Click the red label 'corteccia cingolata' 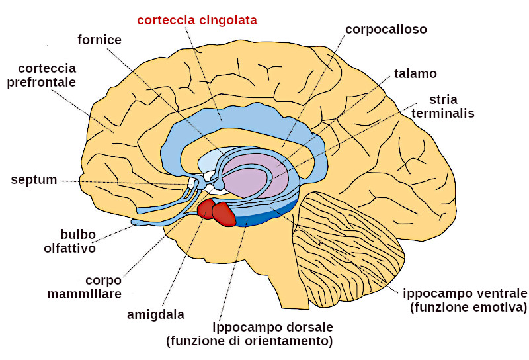[197, 20]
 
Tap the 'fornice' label [99, 40]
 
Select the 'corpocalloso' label [386, 30]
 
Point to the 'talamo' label [415, 73]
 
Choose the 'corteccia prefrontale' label [47, 75]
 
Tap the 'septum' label [34, 180]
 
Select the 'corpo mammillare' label [84, 287]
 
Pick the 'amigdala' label [155, 314]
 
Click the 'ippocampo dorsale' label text [272, 328]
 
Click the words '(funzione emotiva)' [468, 308]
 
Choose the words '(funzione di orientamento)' [249, 342]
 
